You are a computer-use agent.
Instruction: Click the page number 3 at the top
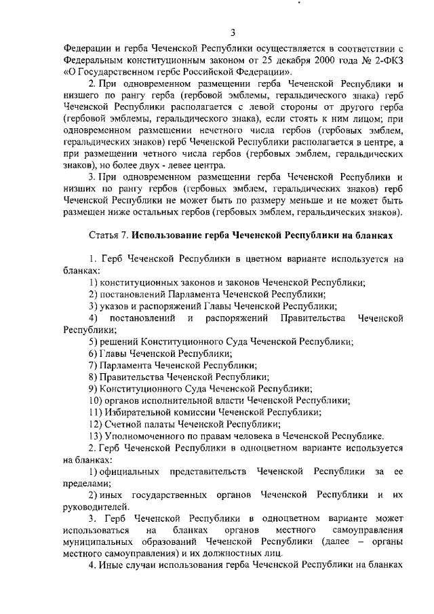[x=233, y=32]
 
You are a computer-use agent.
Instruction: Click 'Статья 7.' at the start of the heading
[x=108, y=236]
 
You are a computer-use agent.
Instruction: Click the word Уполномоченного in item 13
[x=147, y=436]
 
